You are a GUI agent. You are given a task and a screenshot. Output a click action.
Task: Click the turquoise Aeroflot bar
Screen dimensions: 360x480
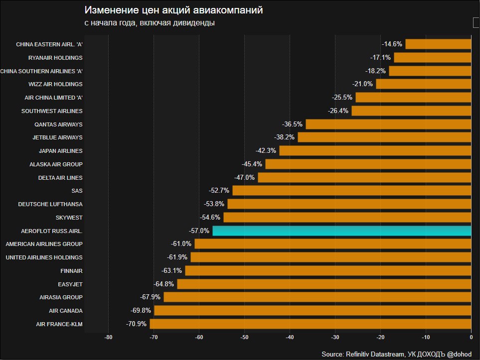tap(341, 231)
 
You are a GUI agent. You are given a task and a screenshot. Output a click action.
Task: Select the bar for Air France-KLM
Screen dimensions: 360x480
tap(310, 324)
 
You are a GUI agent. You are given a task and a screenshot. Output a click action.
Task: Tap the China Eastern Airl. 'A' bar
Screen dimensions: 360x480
tap(438, 44)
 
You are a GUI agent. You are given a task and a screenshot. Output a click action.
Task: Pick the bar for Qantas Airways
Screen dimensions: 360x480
tap(388, 124)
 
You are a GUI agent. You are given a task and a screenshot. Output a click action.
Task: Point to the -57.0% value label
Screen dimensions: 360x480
tap(199, 231)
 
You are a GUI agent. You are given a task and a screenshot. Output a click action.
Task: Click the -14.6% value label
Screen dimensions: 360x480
tap(392, 44)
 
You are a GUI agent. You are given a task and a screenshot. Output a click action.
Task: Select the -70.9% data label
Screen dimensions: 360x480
tap(137, 324)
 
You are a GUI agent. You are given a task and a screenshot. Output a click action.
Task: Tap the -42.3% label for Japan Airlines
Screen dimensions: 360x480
tap(267, 151)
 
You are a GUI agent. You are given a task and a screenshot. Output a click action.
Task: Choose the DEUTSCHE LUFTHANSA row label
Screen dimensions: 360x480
tap(50, 204)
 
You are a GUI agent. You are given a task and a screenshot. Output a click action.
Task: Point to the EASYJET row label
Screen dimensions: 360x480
tap(70, 284)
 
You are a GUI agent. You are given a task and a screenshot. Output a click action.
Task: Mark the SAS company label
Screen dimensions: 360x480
tap(77, 191)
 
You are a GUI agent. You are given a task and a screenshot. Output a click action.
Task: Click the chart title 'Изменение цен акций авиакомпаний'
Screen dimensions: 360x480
tap(173, 10)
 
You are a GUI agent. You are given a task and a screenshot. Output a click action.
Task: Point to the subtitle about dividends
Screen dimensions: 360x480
tap(150, 23)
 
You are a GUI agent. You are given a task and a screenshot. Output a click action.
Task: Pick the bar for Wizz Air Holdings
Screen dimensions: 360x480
tap(423, 84)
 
